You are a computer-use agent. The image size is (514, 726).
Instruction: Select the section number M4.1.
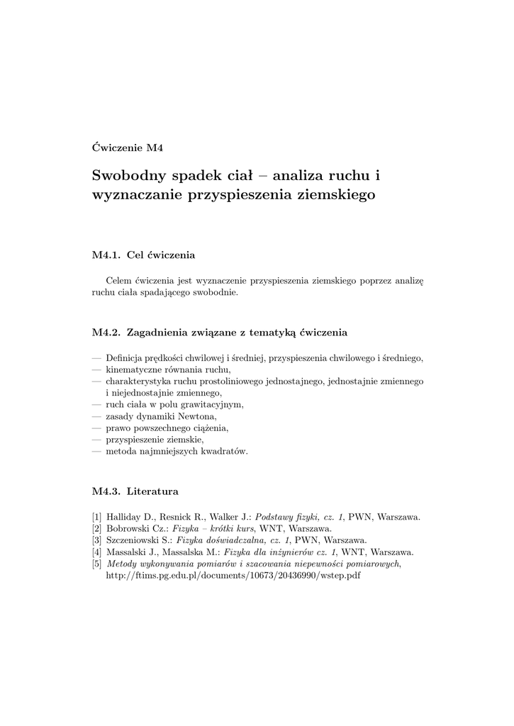[x=108, y=254]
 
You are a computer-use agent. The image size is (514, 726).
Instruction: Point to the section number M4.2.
[x=108, y=331]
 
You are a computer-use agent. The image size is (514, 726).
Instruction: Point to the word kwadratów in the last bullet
[x=224, y=452]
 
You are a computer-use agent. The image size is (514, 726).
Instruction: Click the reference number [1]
[x=97, y=518]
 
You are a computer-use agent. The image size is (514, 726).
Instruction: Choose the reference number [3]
[x=97, y=540]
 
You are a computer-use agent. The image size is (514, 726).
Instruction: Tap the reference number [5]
[x=97, y=564]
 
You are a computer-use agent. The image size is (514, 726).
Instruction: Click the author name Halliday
[x=125, y=518]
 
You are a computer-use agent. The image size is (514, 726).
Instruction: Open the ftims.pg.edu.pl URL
[x=233, y=575]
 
